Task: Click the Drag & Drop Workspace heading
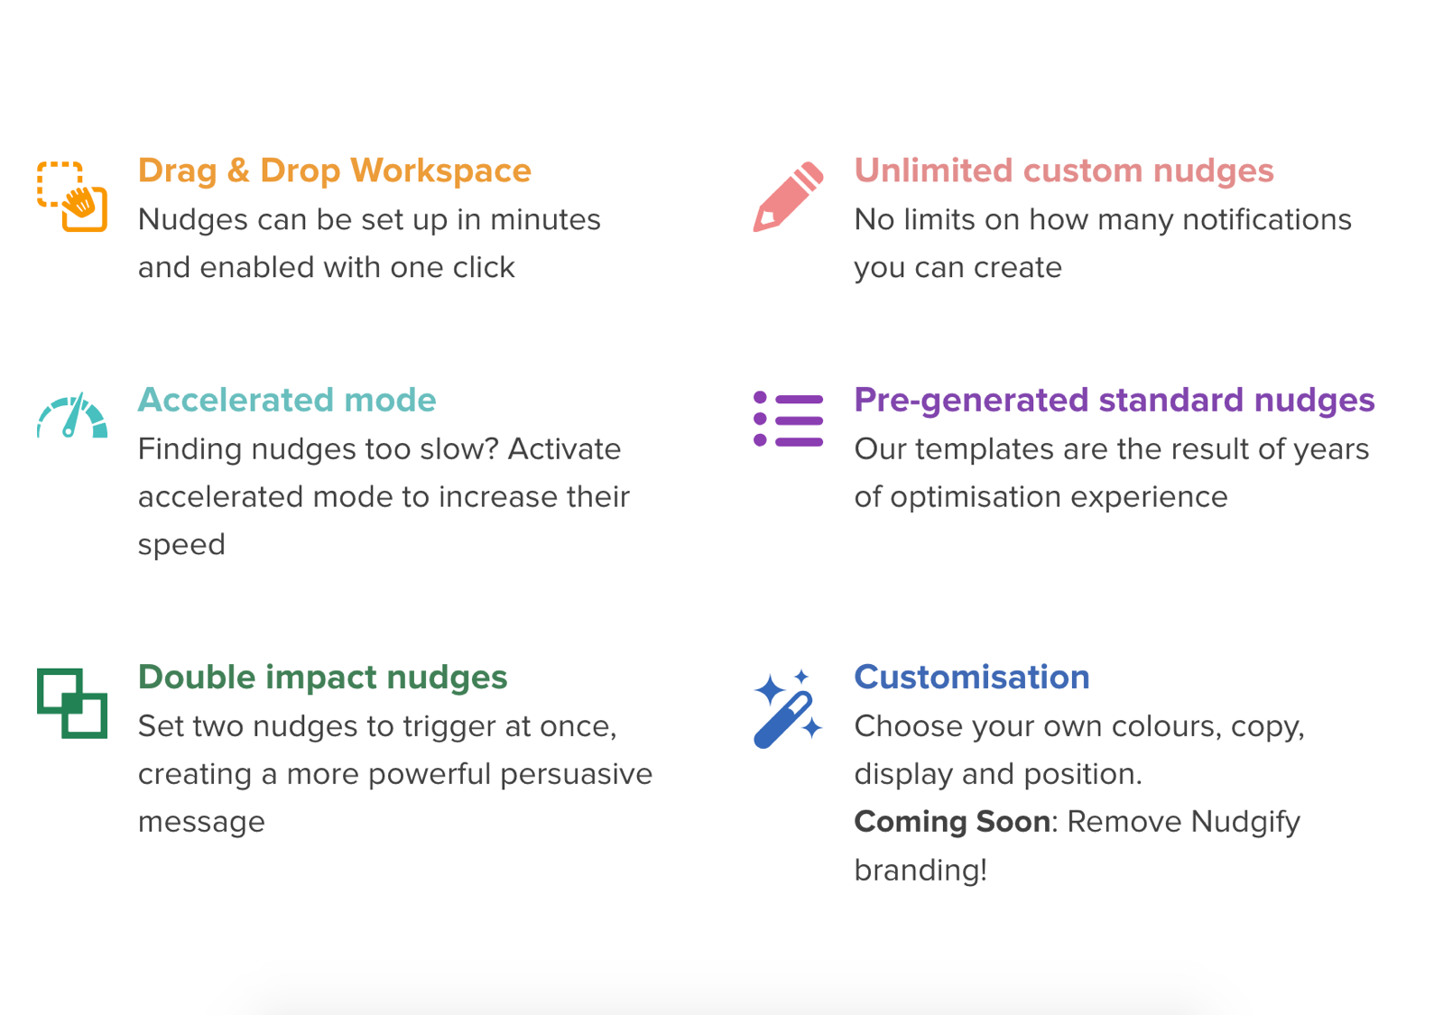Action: pyautogui.click(x=334, y=171)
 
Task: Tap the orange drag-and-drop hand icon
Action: pyautogui.click(x=72, y=197)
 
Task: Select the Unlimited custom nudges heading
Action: pyautogui.click(x=1063, y=171)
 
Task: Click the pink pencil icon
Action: pyautogui.click(x=788, y=197)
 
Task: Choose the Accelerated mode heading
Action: pyautogui.click(x=286, y=400)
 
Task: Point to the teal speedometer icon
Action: pyautogui.click(x=72, y=417)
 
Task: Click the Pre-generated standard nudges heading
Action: pyautogui.click(x=1114, y=400)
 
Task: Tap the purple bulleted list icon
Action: pyautogui.click(x=788, y=420)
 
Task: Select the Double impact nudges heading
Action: pyautogui.click(x=322, y=677)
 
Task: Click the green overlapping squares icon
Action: pyautogui.click(x=72, y=703)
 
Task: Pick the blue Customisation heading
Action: pyautogui.click(x=971, y=677)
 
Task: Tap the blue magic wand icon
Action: pyautogui.click(x=788, y=709)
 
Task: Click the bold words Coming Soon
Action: pyautogui.click(x=952, y=822)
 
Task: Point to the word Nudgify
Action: pyautogui.click(x=1245, y=822)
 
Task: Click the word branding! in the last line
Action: pyautogui.click(x=921, y=870)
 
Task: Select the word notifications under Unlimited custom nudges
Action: pyautogui.click(x=1266, y=219)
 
